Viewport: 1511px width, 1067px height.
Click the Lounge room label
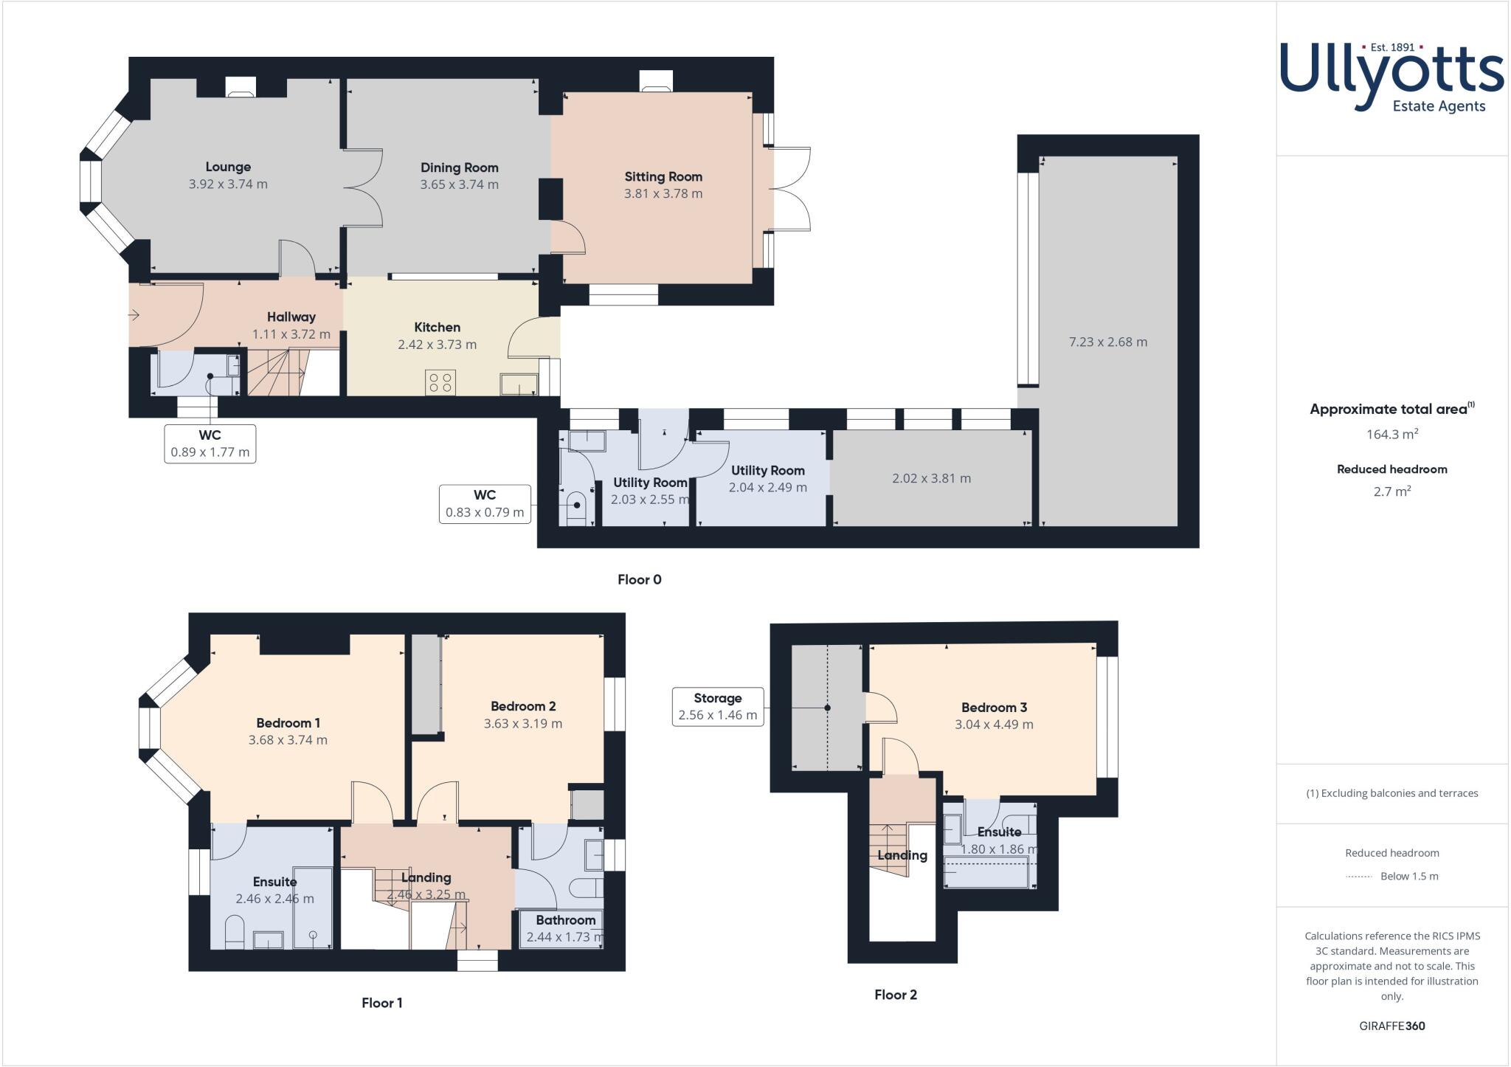point(228,168)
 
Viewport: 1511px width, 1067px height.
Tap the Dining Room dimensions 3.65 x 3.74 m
point(459,184)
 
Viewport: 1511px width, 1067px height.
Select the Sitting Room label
point(663,176)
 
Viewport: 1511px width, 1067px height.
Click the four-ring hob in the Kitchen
point(440,382)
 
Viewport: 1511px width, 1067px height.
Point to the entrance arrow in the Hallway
point(134,316)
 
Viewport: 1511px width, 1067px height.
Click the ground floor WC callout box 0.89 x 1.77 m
point(210,443)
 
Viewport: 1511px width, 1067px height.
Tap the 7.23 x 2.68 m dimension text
point(1107,342)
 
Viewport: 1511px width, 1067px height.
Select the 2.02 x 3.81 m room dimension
point(931,478)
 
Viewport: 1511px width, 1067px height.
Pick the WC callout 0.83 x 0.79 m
point(485,504)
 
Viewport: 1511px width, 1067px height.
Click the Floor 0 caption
point(639,579)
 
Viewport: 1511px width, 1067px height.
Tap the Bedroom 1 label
point(288,723)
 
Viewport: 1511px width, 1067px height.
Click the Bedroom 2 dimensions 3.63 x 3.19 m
point(522,724)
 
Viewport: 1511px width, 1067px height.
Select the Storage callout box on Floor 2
point(717,706)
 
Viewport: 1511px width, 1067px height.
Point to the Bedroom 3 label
point(994,708)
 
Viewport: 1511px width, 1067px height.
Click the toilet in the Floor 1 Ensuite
point(234,931)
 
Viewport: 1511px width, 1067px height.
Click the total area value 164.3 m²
point(1391,434)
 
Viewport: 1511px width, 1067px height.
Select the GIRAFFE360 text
point(1391,1026)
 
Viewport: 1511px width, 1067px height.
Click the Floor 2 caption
point(895,995)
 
